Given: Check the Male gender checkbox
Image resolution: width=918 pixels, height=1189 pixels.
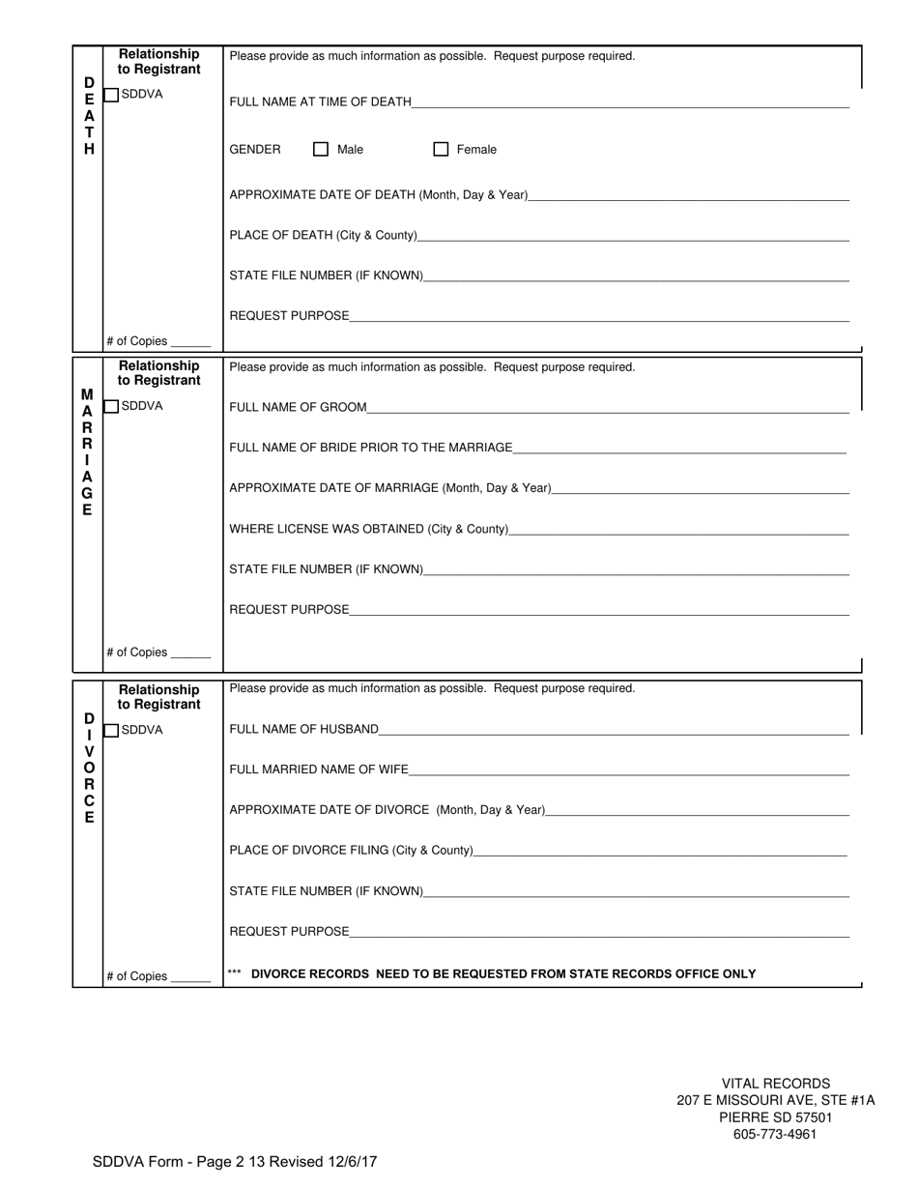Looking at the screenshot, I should tap(321, 149).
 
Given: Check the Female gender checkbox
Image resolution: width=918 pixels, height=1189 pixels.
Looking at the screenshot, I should tap(441, 149).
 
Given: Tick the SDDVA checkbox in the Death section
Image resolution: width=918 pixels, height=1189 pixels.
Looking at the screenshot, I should tap(111, 95).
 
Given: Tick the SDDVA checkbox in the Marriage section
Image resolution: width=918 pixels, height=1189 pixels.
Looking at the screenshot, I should tap(111, 406).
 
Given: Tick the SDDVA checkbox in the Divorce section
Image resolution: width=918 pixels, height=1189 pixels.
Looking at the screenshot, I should tap(111, 730).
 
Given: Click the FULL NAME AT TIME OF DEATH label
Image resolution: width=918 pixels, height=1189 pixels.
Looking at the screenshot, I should tap(320, 101).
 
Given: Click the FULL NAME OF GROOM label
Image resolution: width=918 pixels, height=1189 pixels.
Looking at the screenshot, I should tap(298, 408).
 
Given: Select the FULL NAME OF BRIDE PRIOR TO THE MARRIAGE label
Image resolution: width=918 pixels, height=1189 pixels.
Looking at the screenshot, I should tap(370, 448).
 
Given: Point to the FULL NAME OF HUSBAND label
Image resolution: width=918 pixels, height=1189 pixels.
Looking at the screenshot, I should tap(303, 729).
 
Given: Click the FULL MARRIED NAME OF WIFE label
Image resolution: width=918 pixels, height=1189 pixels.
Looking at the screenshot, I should tap(319, 769).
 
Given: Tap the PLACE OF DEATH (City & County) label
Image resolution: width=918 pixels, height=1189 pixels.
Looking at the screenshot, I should tap(323, 235).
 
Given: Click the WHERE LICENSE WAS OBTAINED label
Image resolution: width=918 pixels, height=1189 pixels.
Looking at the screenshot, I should tap(368, 529).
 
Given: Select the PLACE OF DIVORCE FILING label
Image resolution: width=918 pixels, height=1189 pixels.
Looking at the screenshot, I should tap(351, 851).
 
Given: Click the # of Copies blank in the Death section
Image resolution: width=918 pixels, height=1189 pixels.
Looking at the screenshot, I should tap(190, 342).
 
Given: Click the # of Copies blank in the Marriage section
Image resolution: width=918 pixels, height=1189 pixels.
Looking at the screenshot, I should tap(190, 653).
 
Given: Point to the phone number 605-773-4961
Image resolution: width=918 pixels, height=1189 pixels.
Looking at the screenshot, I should tap(775, 1134).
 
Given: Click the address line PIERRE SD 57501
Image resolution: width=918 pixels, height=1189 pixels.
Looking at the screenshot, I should tap(775, 1117).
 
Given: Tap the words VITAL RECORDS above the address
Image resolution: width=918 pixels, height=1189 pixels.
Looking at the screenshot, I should tap(775, 1084).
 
